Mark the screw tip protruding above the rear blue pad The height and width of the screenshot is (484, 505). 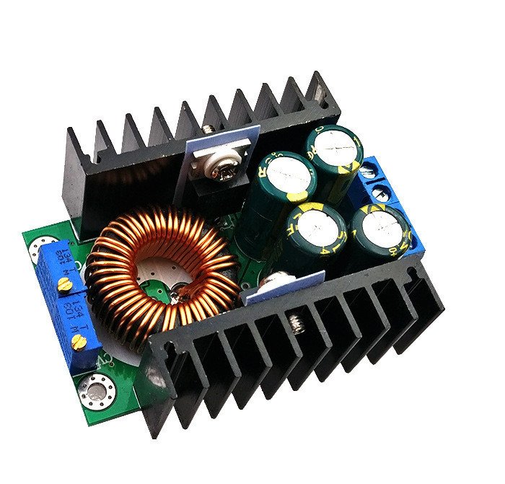pyautogui.click(x=209, y=129)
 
